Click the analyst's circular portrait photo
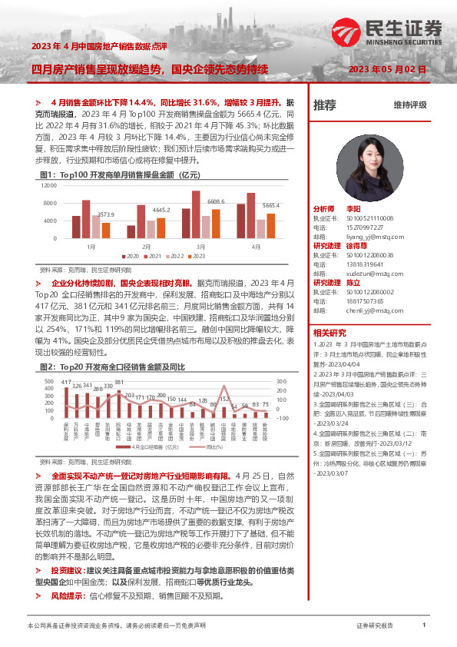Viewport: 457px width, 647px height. click(x=369, y=159)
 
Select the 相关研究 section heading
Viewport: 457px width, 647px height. click(x=330, y=333)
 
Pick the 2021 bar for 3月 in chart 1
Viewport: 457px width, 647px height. click(x=196, y=214)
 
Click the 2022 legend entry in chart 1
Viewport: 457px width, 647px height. click(x=175, y=255)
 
